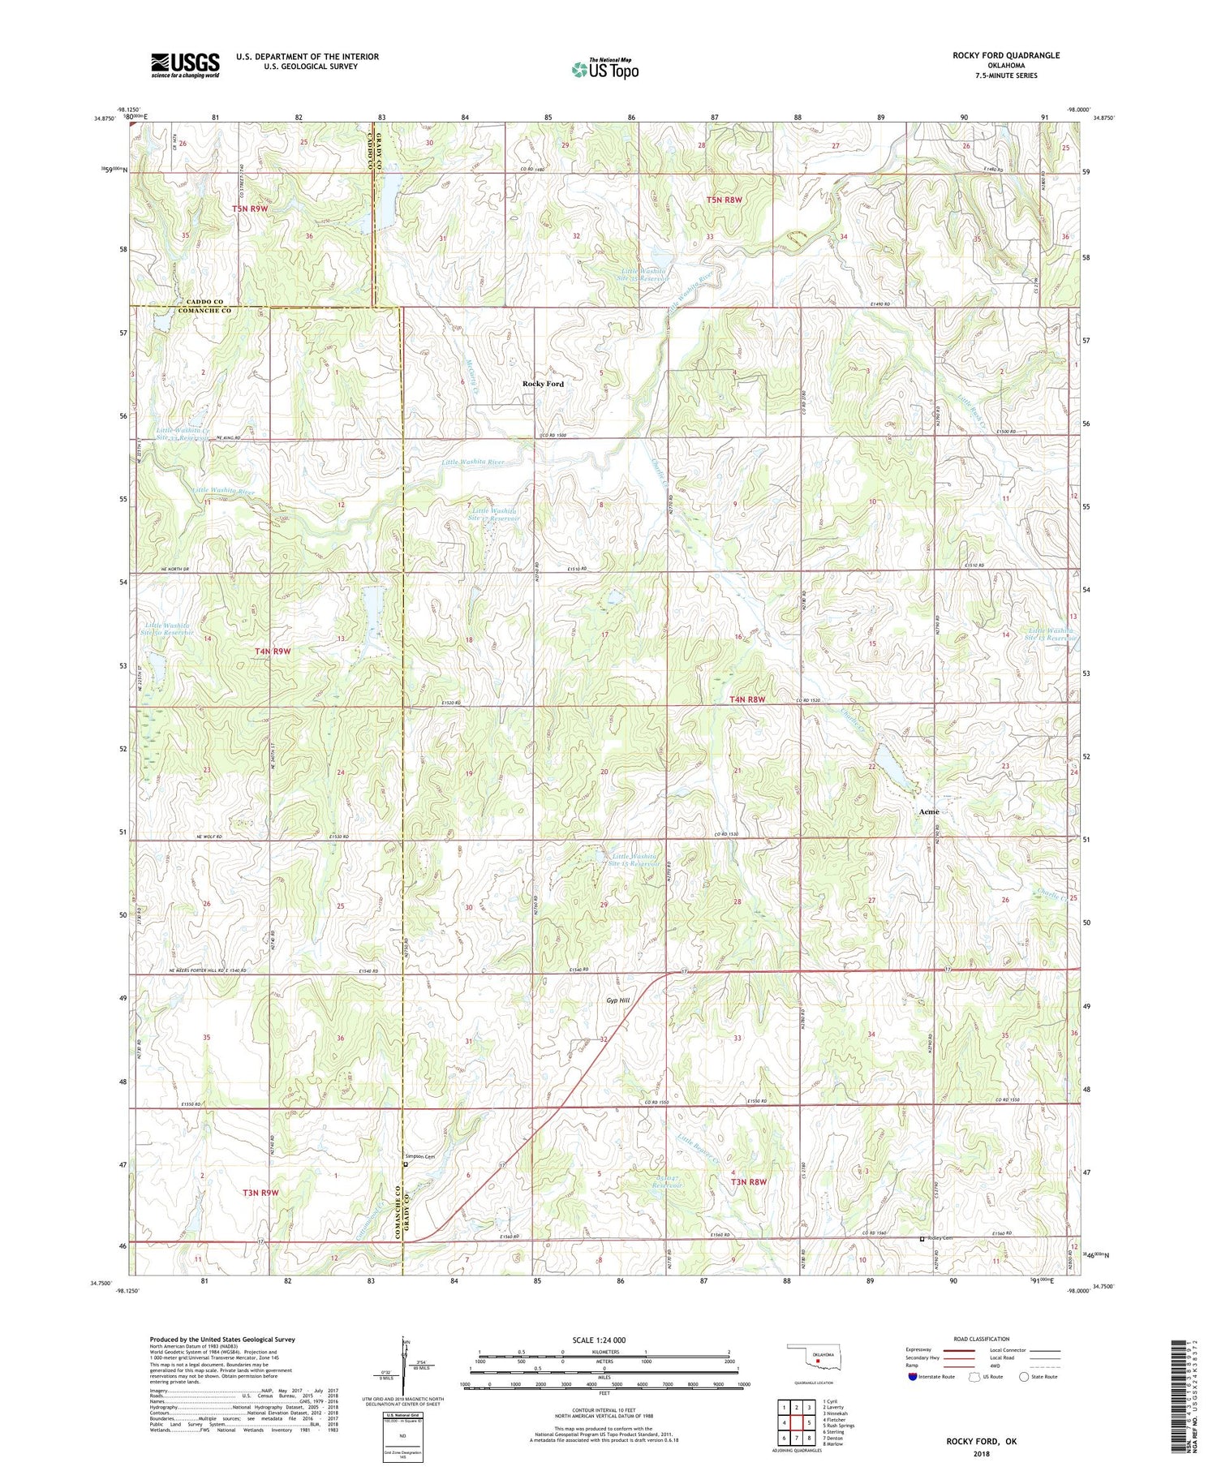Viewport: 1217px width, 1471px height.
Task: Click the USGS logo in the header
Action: [185, 65]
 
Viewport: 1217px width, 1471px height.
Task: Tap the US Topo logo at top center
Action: [604, 69]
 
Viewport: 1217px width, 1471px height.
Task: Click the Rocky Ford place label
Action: [543, 384]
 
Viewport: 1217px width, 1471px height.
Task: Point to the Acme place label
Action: [929, 811]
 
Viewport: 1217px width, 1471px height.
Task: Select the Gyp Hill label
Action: [617, 1000]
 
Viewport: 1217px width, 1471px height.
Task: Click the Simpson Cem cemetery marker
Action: [406, 1165]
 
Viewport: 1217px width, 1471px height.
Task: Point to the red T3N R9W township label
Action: [260, 1192]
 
